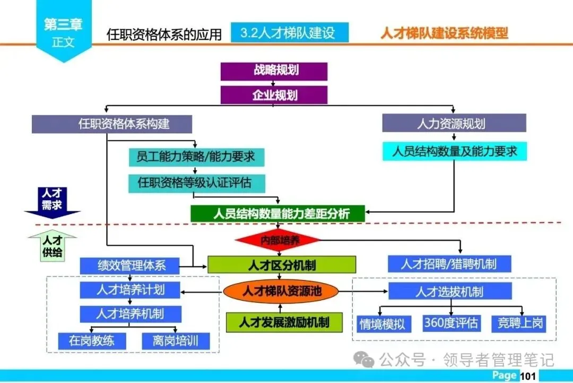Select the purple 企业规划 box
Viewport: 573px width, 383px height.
274,95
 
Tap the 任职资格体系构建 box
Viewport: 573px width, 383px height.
111,124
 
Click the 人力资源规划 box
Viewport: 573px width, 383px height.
454,123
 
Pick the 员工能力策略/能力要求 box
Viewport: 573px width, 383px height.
196,156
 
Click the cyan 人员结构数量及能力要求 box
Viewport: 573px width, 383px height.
455,151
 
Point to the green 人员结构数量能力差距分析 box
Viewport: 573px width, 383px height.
278,214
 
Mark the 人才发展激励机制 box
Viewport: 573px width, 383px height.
284,322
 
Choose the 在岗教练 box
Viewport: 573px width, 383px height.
91,341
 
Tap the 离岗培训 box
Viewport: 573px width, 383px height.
176,341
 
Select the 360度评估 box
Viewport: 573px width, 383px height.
451,322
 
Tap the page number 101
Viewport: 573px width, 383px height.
528,376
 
